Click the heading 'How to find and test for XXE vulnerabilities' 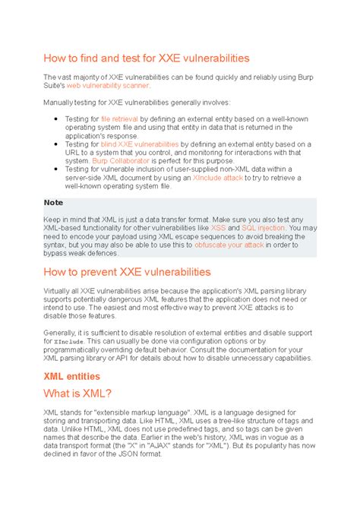tap(146, 58)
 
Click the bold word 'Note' tap(53, 203)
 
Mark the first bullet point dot tap(58, 119)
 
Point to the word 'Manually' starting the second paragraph tap(59, 102)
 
